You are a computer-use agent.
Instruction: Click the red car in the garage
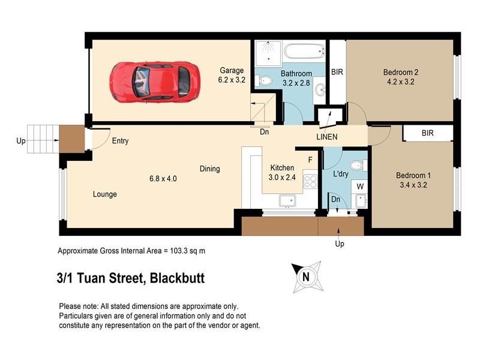point(150,81)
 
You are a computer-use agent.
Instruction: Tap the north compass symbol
point(306,277)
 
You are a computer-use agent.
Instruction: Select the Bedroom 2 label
point(401,73)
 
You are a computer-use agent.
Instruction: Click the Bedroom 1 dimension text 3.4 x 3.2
point(413,185)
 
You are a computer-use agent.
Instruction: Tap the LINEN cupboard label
point(327,137)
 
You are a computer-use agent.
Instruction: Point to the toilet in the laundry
point(356,166)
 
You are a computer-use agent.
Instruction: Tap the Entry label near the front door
point(120,141)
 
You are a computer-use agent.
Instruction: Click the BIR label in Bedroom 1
point(427,133)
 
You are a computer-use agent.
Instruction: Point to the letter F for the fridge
point(310,160)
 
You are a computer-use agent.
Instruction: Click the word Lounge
point(104,194)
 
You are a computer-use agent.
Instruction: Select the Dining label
point(209,169)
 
